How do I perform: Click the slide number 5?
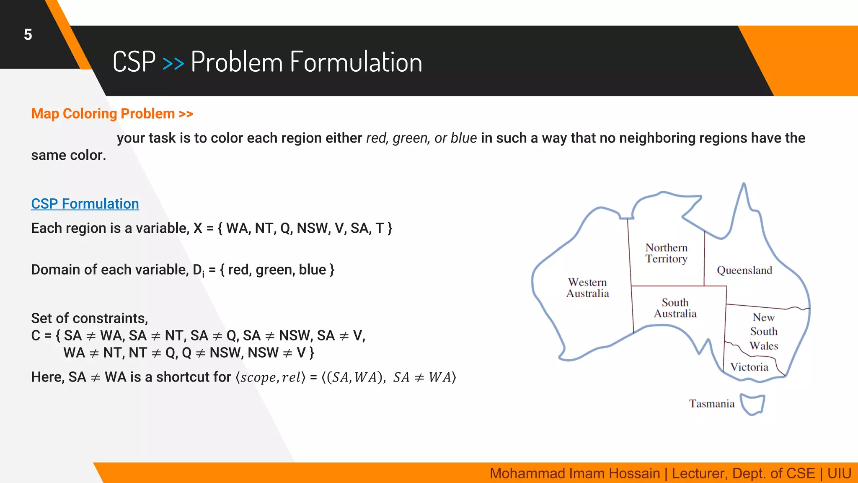28,35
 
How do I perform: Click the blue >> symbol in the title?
173,63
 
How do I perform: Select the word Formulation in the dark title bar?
356,62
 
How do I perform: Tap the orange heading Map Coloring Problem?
103,114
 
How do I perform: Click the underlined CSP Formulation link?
85,204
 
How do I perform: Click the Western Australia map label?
587,288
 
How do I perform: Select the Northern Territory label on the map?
666,253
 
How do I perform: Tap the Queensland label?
744,270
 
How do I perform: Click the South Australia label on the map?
675,308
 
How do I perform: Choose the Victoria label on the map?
749,367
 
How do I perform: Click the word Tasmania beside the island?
711,404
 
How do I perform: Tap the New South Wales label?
763,332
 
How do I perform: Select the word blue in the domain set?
312,270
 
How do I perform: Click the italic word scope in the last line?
257,377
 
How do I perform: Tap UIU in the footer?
839,473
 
